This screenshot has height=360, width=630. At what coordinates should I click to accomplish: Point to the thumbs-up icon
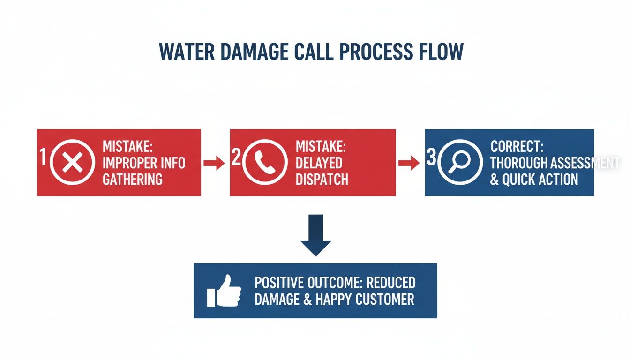coord(224,290)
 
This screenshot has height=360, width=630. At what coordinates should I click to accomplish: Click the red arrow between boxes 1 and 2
coord(214,163)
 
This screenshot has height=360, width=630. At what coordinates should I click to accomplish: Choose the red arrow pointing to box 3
coord(408,163)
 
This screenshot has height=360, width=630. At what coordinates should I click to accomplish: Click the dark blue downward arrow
coord(315,235)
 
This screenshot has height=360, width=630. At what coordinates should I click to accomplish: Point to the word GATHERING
coord(133,179)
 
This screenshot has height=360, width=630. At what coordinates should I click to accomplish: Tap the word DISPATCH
coord(322,179)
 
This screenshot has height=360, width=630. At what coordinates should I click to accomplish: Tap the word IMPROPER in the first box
coord(128,163)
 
